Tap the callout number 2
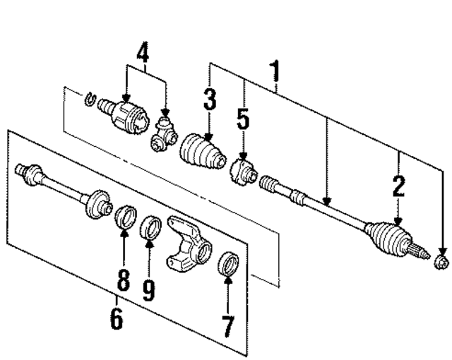click(x=399, y=186)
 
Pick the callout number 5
click(x=243, y=121)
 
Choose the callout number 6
click(x=117, y=318)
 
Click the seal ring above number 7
click(x=230, y=263)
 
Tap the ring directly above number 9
click(x=150, y=228)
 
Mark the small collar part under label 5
click(x=242, y=171)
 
